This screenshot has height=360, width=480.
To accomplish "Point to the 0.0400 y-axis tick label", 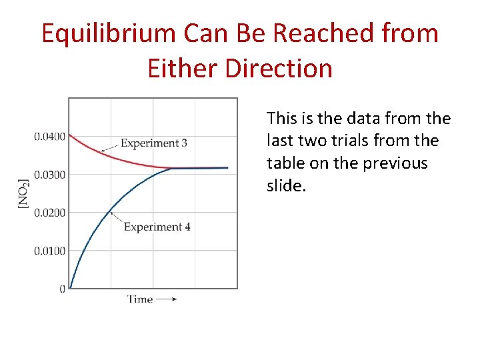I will (49, 137).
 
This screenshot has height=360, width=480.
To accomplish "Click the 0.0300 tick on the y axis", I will (49, 175).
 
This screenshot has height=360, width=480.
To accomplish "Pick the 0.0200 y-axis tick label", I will (49, 213).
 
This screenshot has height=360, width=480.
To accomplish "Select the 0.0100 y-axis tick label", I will (49, 251).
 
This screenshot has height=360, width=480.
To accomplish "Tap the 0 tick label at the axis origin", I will (62, 289).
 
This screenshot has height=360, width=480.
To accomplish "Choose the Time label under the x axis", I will (140, 299).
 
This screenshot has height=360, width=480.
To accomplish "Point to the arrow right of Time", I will (167, 299).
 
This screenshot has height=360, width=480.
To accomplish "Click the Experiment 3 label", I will (154, 143).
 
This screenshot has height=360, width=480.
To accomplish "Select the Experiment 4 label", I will (157, 227).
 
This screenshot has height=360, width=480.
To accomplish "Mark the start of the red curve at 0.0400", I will (70, 135).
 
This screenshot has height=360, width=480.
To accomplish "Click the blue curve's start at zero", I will (71, 287).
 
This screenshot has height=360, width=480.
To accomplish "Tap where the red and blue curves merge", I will (172, 168).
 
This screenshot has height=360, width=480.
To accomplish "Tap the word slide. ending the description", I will (286, 186).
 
